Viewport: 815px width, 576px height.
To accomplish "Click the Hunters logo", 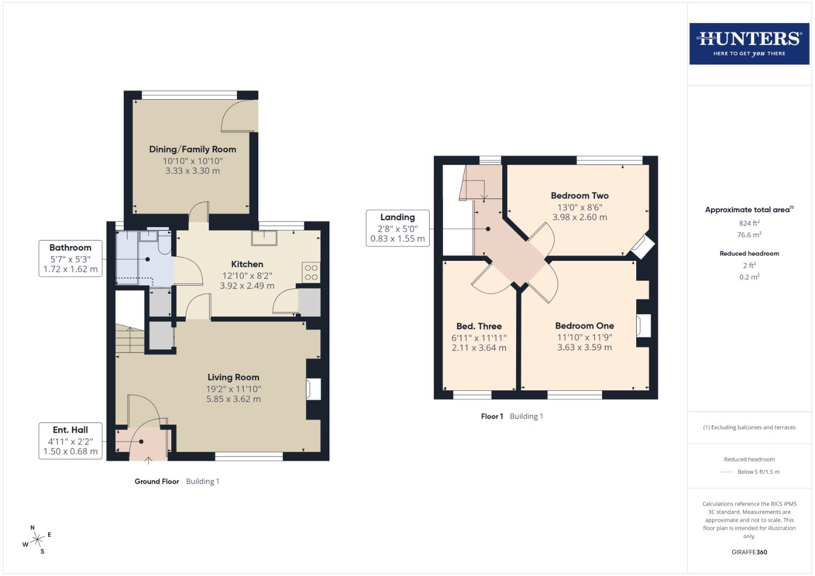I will pyautogui.click(x=749, y=44).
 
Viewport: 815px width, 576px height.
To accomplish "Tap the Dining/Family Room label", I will pyautogui.click(x=192, y=149).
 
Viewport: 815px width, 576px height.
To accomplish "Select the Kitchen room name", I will pyautogui.click(x=247, y=264).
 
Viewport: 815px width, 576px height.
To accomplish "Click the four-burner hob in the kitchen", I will pyautogui.click(x=311, y=273).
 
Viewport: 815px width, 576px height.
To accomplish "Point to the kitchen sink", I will pyautogui.click(x=265, y=238).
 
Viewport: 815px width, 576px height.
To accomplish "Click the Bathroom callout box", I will pyautogui.click(x=70, y=258).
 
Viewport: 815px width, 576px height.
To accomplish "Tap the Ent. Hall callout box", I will pyautogui.click(x=70, y=441).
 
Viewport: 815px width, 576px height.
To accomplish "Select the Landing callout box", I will pyautogui.click(x=397, y=228).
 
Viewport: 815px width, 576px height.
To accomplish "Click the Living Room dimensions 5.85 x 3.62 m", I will pyautogui.click(x=233, y=399).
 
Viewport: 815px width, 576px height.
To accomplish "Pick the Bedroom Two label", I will pyautogui.click(x=580, y=196).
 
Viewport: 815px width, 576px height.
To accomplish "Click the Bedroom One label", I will pyautogui.click(x=584, y=326).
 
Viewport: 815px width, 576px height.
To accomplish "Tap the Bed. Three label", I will pyautogui.click(x=479, y=326).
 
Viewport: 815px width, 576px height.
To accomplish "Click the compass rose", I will pyautogui.click(x=37, y=540).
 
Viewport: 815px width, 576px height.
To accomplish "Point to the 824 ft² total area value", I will pyautogui.click(x=749, y=223).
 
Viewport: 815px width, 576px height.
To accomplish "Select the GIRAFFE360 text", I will pyautogui.click(x=749, y=552).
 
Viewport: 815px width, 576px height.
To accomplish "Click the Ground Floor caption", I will pyautogui.click(x=156, y=481).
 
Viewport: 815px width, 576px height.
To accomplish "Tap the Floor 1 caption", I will pyautogui.click(x=492, y=416).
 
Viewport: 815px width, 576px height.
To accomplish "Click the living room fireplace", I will pyautogui.click(x=314, y=389).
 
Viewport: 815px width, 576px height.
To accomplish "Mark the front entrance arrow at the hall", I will pyautogui.click(x=148, y=459).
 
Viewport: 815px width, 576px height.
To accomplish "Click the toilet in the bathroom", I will pyautogui.click(x=164, y=243).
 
